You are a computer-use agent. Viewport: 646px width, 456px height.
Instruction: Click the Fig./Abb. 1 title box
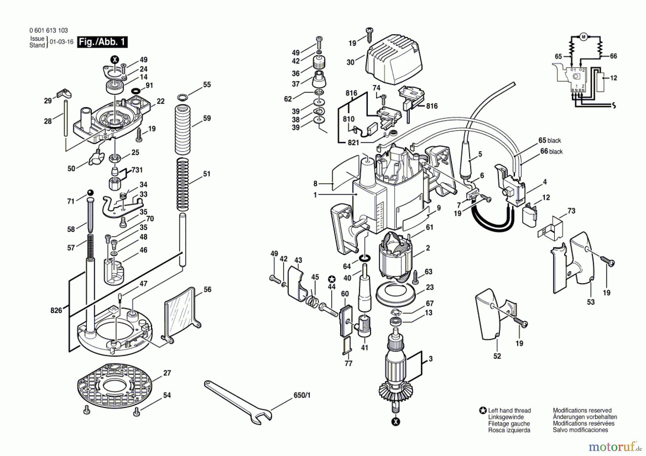[x=103, y=42]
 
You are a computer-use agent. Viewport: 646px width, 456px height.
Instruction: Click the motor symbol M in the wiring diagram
[x=583, y=37]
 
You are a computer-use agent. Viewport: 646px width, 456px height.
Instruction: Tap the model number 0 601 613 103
[x=48, y=30]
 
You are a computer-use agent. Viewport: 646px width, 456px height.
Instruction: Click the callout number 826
[x=56, y=310]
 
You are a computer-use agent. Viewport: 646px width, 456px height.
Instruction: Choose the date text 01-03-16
[x=61, y=42]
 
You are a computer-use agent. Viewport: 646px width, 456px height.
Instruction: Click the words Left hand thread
[x=509, y=410]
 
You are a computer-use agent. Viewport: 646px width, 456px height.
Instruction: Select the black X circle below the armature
[x=395, y=422]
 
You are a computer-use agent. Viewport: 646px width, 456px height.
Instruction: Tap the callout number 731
[x=137, y=170]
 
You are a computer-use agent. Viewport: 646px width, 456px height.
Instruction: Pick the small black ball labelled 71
[x=89, y=192]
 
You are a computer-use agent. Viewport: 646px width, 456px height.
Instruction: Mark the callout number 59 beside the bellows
[x=207, y=118]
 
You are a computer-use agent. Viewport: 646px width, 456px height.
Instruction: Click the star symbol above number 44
[x=332, y=280]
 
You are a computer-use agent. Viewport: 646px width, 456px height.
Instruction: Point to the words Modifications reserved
[x=582, y=410]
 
